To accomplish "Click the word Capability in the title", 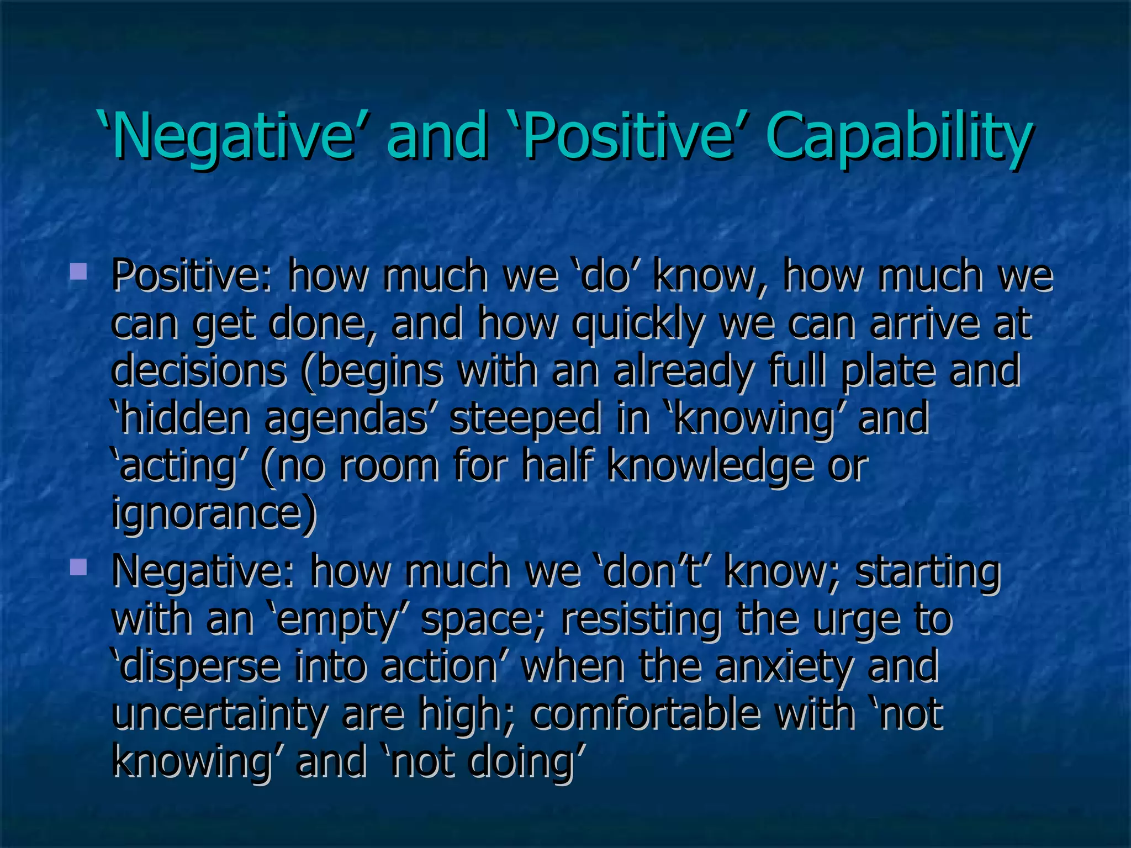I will tap(897, 135).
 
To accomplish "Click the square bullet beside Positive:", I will tap(78, 271).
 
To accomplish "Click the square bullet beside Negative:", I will tap(78, 566).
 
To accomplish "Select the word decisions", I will tap(199, 370).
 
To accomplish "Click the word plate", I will tap(889, 370).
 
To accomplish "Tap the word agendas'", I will tap(353, 418).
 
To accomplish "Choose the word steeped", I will tap(525, 417).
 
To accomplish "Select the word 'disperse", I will tap(195, 666).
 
